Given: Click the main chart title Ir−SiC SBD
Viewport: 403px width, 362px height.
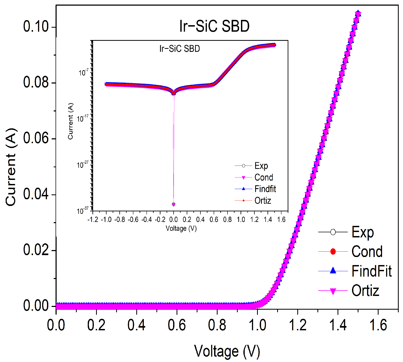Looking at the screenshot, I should (x=214, y=26).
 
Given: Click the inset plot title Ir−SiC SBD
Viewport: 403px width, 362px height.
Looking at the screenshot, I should (x=179, y=49).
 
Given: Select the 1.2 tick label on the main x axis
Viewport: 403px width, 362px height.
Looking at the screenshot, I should (x=298, y=325).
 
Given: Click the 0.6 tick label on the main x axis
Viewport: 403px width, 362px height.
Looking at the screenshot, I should (x=177, y=325).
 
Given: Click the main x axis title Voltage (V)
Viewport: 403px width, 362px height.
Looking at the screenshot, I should (x=227, y=351).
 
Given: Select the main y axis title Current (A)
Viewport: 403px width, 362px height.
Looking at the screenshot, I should (x=11, y=167).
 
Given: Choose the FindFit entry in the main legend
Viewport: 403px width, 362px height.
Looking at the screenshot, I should (x=371, y=271).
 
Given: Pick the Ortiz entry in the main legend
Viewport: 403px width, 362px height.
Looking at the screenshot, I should (x=365, y=291).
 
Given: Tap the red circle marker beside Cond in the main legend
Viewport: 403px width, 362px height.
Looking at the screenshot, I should (x=333, y=252).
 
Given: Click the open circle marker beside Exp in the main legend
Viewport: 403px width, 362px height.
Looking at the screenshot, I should (x=333, y=232).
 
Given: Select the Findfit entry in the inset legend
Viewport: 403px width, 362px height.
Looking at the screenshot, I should (x=265, y=189).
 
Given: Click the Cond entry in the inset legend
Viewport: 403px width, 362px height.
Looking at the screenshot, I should (x=264, y=177).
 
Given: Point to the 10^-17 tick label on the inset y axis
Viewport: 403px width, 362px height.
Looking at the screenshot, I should (x=83, y=118).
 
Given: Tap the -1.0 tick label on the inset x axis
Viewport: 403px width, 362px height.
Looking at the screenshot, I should (x=106, y=219).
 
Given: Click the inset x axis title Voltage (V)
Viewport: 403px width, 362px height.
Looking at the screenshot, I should (x=181, y=228).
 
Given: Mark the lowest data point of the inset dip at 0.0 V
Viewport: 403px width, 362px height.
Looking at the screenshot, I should (x=174, y=204).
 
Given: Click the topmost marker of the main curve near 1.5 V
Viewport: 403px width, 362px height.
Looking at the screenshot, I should (x=358, y=13).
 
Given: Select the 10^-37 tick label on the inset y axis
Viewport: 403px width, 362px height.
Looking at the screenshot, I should (x=83, y=211).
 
